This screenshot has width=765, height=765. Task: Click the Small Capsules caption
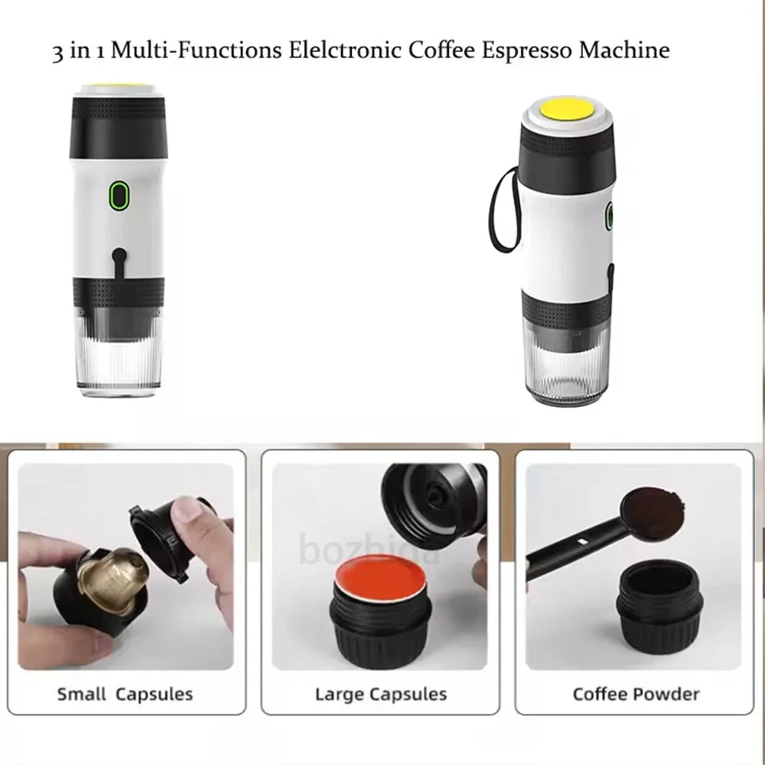point(125,695)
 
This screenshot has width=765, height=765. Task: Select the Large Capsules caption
point(380,695)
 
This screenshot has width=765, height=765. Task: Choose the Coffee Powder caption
point(636,695)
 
